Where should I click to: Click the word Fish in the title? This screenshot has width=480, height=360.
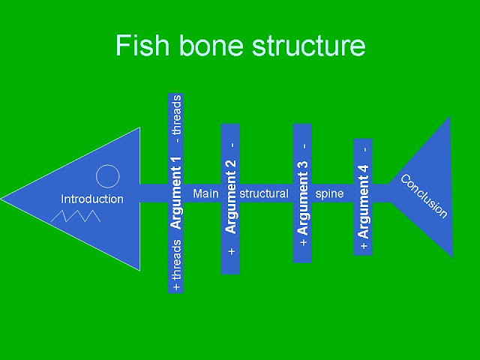pos(142,45)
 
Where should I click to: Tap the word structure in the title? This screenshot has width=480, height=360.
pos(308,46)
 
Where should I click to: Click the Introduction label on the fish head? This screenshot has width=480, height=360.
pos(92,199)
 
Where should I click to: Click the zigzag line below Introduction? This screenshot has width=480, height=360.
pos(76,216)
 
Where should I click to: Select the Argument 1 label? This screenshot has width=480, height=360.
pos(176,193)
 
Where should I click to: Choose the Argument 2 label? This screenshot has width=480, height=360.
pos(231,196)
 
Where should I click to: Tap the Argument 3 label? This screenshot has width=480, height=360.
pos(303,199)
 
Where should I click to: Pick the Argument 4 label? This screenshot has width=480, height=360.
pos(363,202)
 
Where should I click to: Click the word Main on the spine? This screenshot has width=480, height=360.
pos(206,193)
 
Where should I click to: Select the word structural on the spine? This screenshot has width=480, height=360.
pos(264,193)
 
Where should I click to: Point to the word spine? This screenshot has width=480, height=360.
pos(329,194)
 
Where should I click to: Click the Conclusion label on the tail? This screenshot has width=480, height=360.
pos(424,196)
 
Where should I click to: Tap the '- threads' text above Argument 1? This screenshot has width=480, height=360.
pos(177,118)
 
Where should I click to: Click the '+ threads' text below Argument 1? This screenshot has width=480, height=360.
pos(177,265)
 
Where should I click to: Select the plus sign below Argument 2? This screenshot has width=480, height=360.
pos(232,251)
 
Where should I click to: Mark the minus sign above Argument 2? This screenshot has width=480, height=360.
pos(232,145)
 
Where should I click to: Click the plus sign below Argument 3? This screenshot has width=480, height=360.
pos(303,242)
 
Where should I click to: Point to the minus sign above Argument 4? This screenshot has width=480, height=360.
pos(365,149)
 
